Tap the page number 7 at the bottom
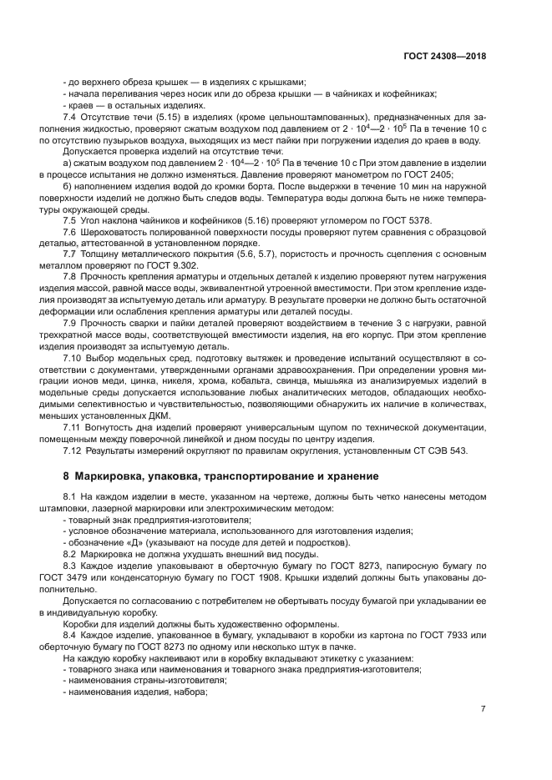pyautogui.click(x=483, y=709)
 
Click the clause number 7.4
pyautogui.click(x=71, y=117)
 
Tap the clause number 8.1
pyautogui.click(x=71, y=497)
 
